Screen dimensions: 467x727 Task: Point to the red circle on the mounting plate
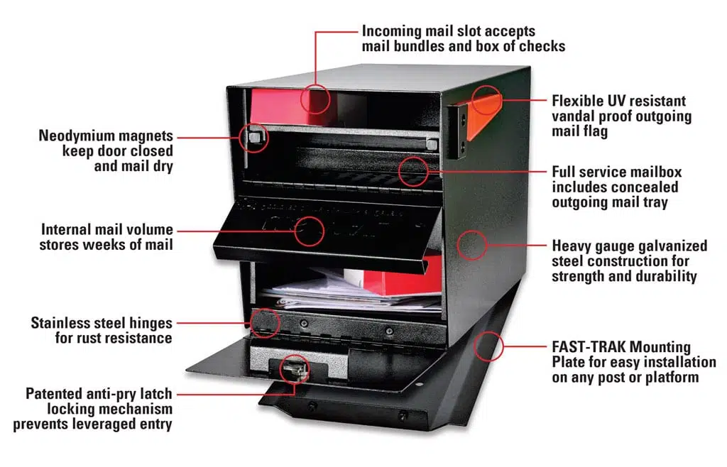click(488, 347)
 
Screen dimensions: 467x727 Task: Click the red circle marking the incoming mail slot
click(314, 99)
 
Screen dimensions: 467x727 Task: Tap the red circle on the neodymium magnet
click(254, 137)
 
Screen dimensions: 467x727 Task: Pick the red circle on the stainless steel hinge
click(264, 322)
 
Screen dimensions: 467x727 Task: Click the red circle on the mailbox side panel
click(471, 245)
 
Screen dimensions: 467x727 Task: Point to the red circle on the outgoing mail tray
click(413, 170)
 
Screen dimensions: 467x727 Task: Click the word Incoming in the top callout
click(392, 32)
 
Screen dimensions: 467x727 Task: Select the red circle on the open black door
click(310, 230)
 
